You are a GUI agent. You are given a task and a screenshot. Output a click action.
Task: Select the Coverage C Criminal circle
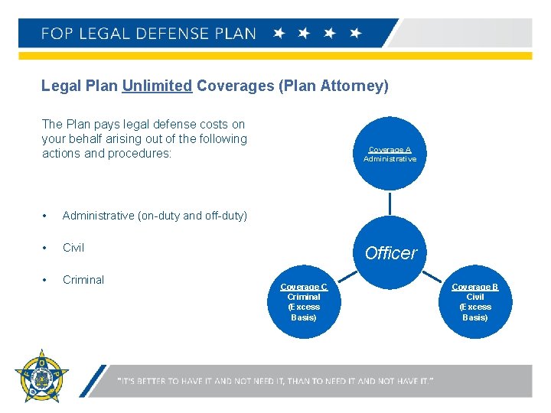(304, 301)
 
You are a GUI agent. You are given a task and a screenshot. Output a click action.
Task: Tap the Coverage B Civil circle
(474, 301)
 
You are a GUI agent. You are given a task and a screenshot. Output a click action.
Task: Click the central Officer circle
(390, 252)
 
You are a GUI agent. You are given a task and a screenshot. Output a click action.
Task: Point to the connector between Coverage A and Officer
(390, 203)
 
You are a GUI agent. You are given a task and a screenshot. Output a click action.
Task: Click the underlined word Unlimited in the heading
(157, 86)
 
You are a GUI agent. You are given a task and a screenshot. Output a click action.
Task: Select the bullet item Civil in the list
(73, 248)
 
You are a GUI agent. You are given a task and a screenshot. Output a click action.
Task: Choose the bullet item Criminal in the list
(83, 280)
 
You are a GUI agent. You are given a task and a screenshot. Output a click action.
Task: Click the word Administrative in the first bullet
(98, 216)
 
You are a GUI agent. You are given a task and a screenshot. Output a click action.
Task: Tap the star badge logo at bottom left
(41, 376)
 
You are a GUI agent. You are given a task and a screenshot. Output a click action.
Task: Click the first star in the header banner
(280, 34)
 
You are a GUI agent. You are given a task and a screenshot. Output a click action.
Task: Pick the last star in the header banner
(355, 34)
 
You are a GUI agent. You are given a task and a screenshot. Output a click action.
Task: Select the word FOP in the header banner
(58, 34)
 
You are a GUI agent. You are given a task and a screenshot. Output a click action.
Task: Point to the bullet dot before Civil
(47, 248)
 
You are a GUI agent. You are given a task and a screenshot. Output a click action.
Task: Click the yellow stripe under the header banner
(275, 56)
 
